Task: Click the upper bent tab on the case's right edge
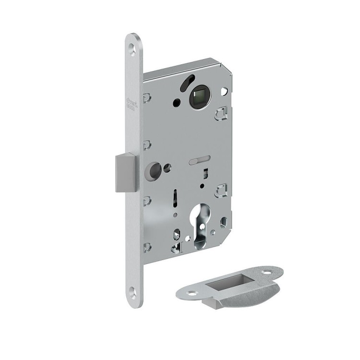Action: [222, 114]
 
